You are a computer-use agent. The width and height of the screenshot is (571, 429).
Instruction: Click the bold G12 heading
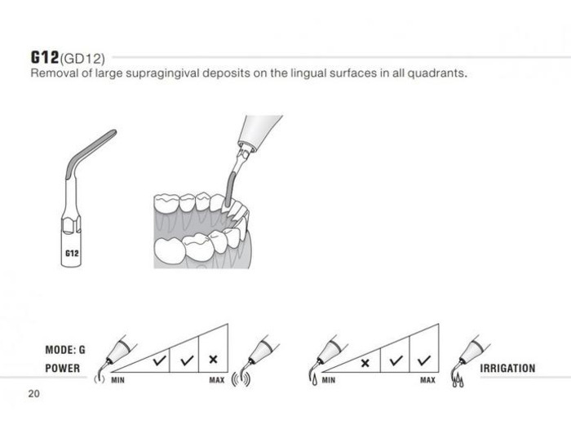(44, 57)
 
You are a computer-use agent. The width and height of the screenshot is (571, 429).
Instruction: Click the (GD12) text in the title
(82, 59)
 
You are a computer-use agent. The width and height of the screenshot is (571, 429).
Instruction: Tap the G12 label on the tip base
(72, 253)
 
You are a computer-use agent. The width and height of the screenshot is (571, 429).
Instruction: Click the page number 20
(33, 394)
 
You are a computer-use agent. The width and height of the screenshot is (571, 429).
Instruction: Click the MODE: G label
(65, 350)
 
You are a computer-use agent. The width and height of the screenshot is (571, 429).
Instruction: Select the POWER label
(63, 368)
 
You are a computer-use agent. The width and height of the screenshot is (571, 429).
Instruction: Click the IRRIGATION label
(507, 368)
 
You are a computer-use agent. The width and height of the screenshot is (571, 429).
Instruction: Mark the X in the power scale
(214, 360)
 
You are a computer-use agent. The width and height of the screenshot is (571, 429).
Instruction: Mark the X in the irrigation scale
(365, 363)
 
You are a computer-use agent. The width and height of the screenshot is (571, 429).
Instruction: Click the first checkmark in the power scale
(160, 360)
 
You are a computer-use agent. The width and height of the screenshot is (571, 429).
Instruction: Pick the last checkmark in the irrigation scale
(424, 360)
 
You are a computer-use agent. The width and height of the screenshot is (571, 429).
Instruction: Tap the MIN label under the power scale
(117, 380)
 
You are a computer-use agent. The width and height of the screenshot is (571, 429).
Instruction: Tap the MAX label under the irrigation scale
(427, 380)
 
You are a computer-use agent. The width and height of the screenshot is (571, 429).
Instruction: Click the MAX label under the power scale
(217, 380)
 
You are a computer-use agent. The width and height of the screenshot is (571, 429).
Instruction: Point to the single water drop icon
(314, 381)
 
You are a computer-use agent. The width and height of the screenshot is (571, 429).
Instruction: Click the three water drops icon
(458, 382)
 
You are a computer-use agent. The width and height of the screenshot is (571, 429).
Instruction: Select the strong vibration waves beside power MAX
(241, 379)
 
